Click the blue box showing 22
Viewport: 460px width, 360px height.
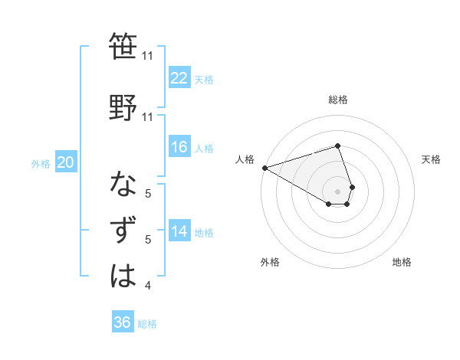[x=179, y=78]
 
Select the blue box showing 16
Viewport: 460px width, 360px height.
[x=179, y=147]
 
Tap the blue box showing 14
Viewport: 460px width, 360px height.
[x=179, y=231]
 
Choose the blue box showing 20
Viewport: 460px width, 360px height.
[x=66, y=162]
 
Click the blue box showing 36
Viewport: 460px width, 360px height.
[x=123, y=322]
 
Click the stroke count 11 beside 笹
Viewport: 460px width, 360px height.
[x=147, y=56]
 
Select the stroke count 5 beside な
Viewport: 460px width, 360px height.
[x=147, y=194]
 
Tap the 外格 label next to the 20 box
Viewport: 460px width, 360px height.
[x=40, y=163]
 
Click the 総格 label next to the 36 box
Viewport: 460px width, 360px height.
[x=147, y=323]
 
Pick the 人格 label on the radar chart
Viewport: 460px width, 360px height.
[x=245, y=159]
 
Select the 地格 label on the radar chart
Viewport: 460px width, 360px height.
[x=402, y=262]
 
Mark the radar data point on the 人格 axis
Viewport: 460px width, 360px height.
[x=264, y=167]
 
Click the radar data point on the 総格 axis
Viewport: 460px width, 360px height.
[x=337, y=146]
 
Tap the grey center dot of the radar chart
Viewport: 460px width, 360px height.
[x=337, y=191]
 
